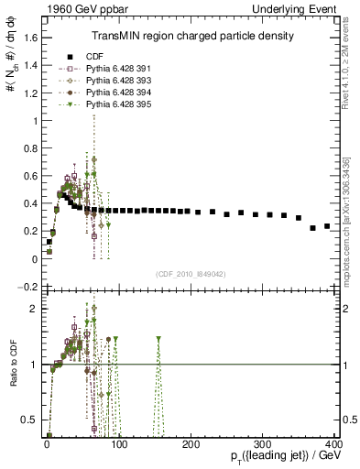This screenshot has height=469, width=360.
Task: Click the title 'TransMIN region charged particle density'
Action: [x=191, y=37]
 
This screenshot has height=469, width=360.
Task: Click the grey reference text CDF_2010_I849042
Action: [x=191, y=274]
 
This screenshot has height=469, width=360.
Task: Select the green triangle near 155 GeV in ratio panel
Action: [x=158, y=339]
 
